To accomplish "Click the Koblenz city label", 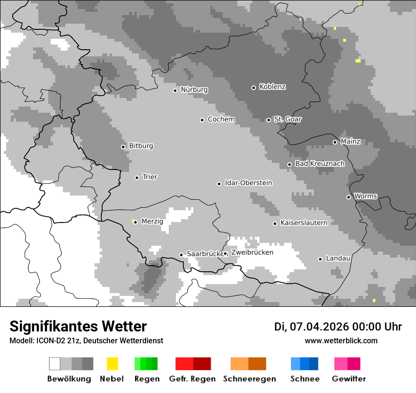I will coord(272,87).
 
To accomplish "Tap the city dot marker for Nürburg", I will coord(175,90).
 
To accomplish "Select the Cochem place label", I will coord(221,119).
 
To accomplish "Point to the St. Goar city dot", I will coord(269,120).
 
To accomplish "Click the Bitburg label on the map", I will coord(141,146).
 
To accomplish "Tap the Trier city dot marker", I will coord(137,178).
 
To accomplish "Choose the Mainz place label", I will coord(350,141).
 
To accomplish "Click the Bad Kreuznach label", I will coord(320,163).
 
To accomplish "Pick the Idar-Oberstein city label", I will coord(248,183).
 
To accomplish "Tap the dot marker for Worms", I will coord(348,197).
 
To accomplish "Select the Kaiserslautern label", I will coord(303,223).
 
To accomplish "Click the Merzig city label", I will coord(152,221).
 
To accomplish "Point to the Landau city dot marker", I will coord(320,259).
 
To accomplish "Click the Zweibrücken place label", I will coord(252,252).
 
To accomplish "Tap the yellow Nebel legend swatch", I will coord(112,364).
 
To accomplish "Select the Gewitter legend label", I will coord(348,379).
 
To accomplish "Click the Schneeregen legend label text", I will coord(249,379).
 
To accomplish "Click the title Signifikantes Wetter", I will coord(78,326).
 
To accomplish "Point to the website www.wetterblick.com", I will coord(341,340).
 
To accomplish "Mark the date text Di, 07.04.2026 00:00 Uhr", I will coord(338,327).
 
